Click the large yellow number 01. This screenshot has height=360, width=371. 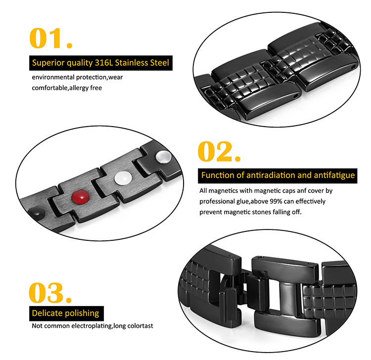pos(50,38)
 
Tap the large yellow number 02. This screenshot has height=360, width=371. pos(219,151)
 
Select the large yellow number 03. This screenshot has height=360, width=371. pos(50,293)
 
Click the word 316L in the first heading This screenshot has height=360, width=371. pos(104,63)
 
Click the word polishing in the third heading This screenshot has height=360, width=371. pos(82,314)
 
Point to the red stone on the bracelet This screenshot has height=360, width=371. pos(81,196)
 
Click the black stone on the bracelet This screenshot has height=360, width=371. pos(37,212)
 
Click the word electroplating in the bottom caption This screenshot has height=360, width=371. pos(92,326)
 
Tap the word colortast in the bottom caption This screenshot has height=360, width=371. pos(140,326)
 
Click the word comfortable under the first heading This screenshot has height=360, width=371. pos(49,88)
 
